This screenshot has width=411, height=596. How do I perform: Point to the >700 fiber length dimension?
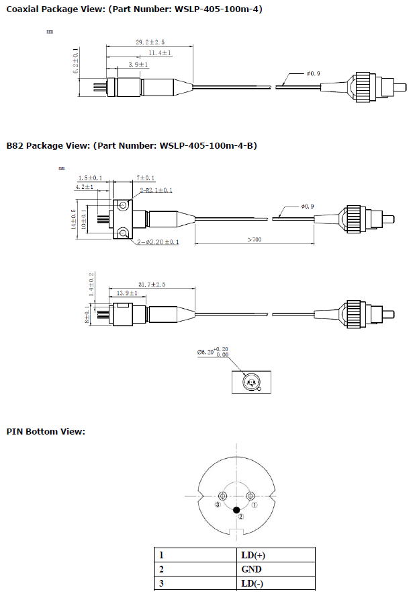tap(255, 239)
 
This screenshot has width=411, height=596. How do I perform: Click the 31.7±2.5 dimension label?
tap(151, 284)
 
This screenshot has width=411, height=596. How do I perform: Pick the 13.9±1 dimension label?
tap(128, 294)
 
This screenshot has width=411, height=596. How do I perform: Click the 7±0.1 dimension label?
tap(145, 178)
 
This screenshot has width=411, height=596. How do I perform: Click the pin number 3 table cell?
tap(161, 583)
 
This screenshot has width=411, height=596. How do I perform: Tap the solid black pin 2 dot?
tap(236, 511)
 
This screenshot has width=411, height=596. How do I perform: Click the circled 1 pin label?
tap(255, 505)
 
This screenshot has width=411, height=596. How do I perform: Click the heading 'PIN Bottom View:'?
tap(46, 431)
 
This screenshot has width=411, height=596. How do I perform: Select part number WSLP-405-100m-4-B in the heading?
tap(209, 145)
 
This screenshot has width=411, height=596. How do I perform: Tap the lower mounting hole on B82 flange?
tap(123, 233)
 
